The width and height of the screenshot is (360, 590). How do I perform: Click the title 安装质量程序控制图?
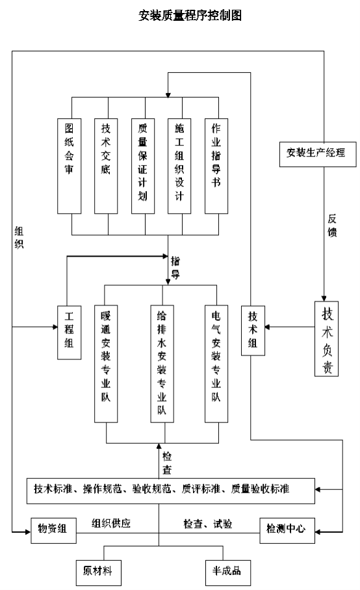pyautogui.click(x=190, y=16)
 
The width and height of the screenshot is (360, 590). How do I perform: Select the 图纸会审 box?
pyautogui.click(x=70, y=166)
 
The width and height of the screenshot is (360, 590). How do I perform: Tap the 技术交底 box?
pyautogui.click(x=106, y=166)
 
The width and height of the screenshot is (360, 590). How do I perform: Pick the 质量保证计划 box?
pyautogui.click(x=143, y=166)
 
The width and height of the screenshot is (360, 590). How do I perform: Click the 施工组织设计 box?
pyautogui.click(x=179, y=166)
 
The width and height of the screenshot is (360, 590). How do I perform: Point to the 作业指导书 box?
pyautogui.click(x=216, y=166)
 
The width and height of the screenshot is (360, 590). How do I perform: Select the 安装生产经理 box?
pyautogui.click(x=318, y=154)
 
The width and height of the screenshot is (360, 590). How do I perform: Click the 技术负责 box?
pyautogui.click(x=326, y=339)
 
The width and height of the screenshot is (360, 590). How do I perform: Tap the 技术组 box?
pyautogui.click(x=253, y=331)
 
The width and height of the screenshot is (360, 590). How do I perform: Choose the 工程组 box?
pyautogui.click(x=70, y=332)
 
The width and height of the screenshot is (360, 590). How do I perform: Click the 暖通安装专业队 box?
pyautogui.click(x=106, y=364)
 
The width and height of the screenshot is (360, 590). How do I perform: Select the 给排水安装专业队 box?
pyautogui.click(x=162, y=364)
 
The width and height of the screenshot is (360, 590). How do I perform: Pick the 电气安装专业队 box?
pyautogui.click(x=216, y=364)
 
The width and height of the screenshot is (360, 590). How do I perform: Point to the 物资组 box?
pyautogui.click(x=53, y=531)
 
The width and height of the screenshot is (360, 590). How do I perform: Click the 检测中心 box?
pyautogui.click(x=287, y=531)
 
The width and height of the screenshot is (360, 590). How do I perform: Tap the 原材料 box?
pyautogui.click(x=99, y=572)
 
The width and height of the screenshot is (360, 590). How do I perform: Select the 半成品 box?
pyautogui.click(x=228, y=572)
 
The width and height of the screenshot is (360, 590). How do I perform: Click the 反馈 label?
pyautogui.click(x=332, y=225)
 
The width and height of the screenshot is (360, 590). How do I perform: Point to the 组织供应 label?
pyautogui.click(x=111, y=524)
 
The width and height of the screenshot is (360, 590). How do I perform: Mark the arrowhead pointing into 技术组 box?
pyautogui.click(x=268, y=327)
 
